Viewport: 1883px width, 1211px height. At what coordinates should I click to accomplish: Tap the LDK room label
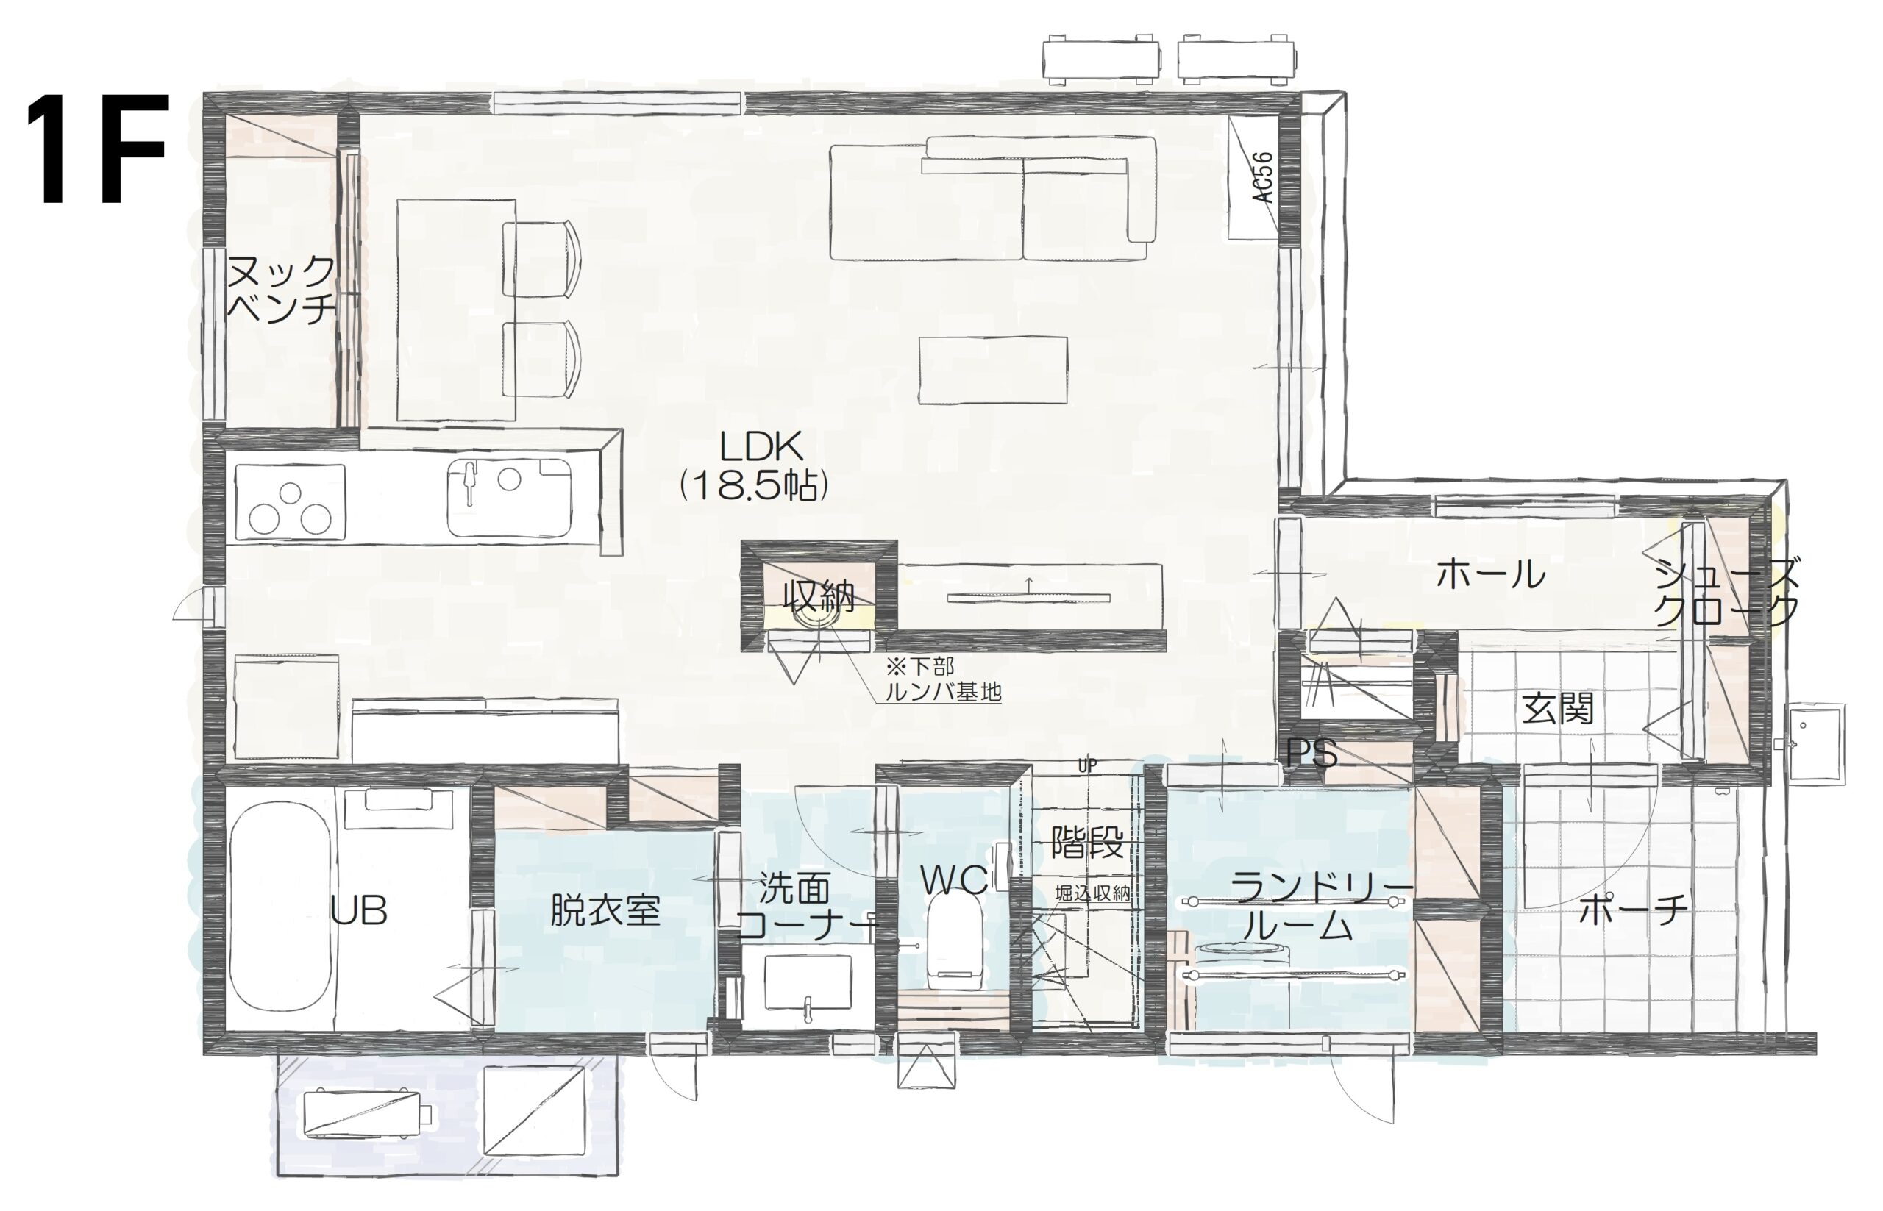(761, 448)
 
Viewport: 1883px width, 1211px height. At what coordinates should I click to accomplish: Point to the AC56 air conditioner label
(1262, 178)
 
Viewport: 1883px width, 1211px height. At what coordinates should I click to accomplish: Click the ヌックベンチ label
(281, 287)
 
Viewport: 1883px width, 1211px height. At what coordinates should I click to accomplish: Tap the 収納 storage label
(819, 597)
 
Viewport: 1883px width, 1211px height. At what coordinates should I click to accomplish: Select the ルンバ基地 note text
(942, 692)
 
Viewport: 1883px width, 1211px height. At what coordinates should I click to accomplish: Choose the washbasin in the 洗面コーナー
(808, 982)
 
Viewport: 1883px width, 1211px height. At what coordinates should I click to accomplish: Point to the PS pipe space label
(1311, 752)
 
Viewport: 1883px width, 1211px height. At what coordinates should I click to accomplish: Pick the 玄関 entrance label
(1558, 709)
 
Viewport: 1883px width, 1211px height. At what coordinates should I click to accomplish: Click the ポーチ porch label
(1632, 910)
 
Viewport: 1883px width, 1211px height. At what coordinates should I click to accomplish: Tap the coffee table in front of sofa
(993, 371)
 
